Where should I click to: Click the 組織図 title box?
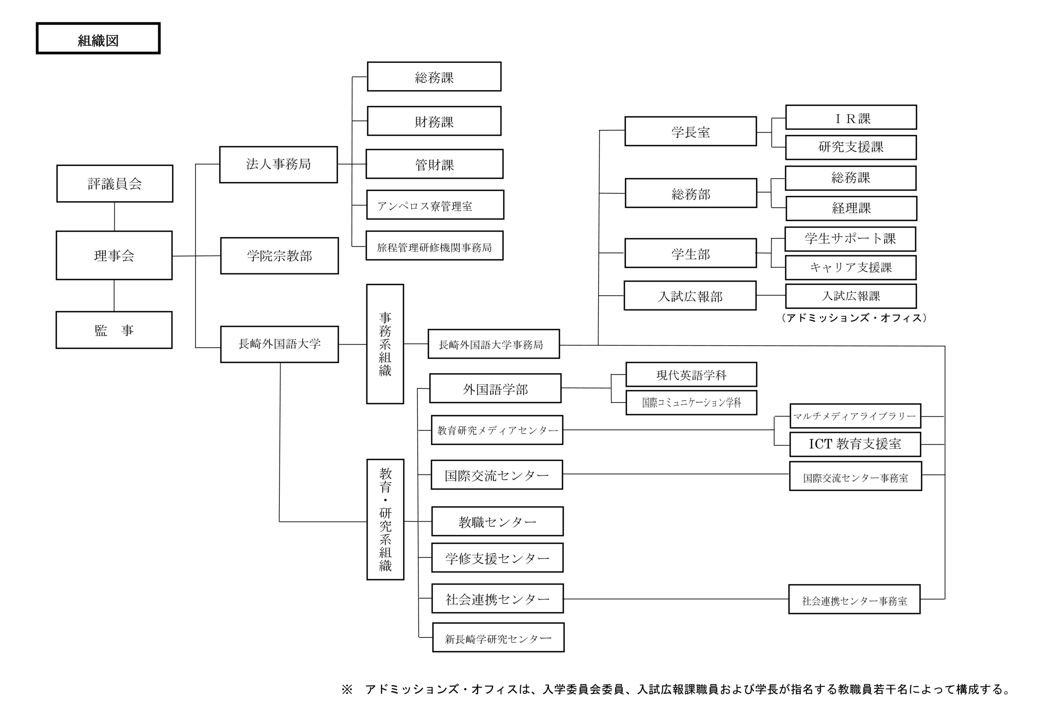tap(98, 39)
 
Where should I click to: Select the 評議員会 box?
tap(114, 184)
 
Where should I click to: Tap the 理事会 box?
tap(114, 255)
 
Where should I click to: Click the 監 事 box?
tap(114, 330)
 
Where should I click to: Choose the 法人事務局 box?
tap(278, 164)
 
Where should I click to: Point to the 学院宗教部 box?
tap(279, 255)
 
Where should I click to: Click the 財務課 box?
tap(434, 121)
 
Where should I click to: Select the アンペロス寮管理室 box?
tap(435, 205)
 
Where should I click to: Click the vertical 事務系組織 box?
tap(385, 344)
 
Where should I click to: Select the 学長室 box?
tap(690, 131)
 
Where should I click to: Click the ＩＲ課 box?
tap(851, 118)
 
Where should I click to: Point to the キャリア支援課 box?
tap(851, 267)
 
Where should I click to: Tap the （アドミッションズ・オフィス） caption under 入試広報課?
tap(854, 318)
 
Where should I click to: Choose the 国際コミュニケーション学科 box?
tap(691, 402)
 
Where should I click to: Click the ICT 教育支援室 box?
tap(855, 444)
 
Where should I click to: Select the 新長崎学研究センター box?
tap(498, 637)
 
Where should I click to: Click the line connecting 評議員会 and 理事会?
tap(114, 217)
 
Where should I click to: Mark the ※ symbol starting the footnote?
tap(347, 690)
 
